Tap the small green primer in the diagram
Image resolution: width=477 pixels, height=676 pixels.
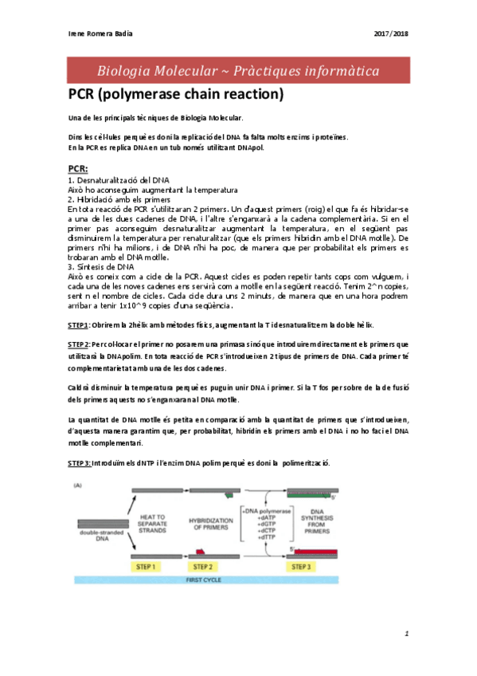coord(229,495)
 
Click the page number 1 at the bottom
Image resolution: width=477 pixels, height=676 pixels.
coord(406,634)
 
